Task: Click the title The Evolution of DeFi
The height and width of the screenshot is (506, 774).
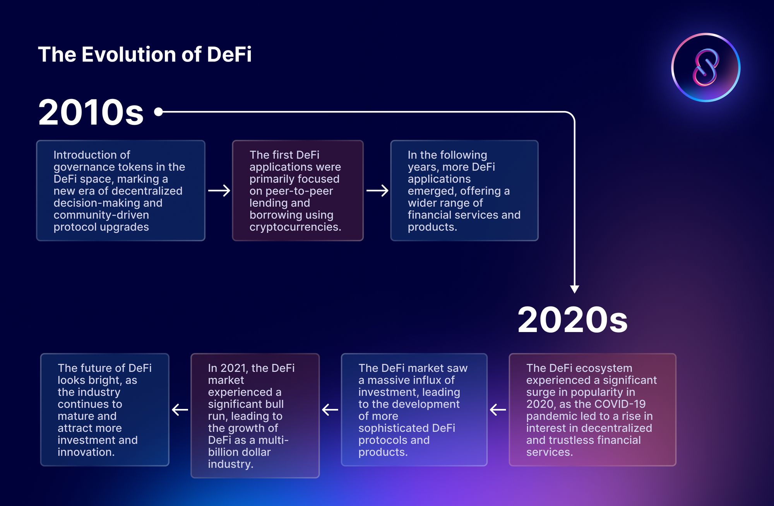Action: (x=145, y=54)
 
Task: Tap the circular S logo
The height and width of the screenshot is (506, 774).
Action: (x=706, y=68)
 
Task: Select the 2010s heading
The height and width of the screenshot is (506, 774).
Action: (x=91, y=112)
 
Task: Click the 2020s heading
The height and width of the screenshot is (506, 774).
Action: (x=572, y=320)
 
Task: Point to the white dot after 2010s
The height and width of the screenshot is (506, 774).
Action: (x=158, y=112)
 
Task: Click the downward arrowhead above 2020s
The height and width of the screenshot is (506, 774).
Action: (x=575, y=289)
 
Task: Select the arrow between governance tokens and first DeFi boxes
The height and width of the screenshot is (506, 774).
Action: (x=219, y=191)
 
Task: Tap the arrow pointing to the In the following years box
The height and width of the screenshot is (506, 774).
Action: (x=377, y=191)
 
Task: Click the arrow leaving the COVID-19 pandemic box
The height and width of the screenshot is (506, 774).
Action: (x=498, y=410)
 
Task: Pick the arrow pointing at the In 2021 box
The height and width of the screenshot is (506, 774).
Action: (x=330, y=410)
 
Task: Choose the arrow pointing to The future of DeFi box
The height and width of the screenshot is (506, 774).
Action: (x=180, y=410)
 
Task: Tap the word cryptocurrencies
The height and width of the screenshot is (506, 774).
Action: (x=295, y=227)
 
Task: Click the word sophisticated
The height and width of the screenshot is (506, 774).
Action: (x=393, y=428)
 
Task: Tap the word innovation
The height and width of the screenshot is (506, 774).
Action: (x=86, y=452)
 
